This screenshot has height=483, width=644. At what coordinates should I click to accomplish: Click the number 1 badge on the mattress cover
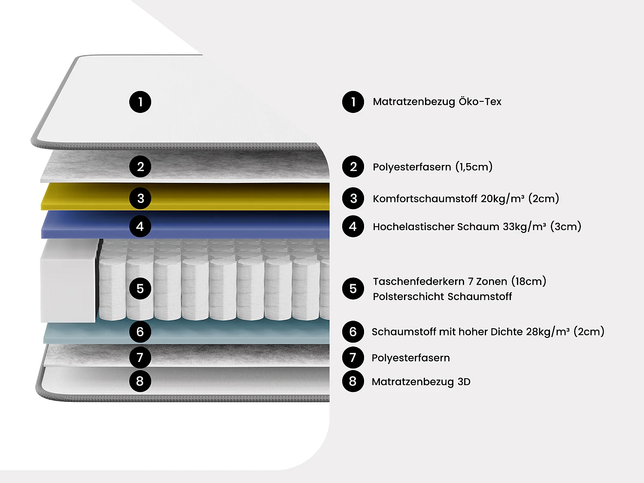coord(140,102)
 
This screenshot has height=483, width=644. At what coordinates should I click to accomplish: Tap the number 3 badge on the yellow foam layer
coord(140,198)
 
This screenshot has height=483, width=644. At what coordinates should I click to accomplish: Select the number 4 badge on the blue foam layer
coord(140,226)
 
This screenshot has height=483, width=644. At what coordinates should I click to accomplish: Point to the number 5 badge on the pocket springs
coord(140,289)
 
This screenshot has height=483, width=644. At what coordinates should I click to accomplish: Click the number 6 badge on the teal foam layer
coord(140,331)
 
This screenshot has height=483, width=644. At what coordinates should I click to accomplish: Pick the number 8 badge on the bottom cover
coord(140,381)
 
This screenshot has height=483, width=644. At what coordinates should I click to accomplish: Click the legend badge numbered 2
coord(353,167)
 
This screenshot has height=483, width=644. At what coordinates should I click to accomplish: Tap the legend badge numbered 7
coord(353,357)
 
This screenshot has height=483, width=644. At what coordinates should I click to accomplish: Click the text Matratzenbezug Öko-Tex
coord(437,102)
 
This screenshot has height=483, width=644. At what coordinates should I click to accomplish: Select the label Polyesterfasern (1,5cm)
coord(432,167)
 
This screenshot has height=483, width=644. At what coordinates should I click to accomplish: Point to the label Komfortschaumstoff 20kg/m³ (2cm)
coord(466,198)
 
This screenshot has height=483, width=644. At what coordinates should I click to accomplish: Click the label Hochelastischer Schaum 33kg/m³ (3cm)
coord(477,226)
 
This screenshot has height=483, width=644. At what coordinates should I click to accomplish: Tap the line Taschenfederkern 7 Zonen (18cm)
coord(459,281)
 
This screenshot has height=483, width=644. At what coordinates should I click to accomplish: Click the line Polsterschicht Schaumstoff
coord(442,296)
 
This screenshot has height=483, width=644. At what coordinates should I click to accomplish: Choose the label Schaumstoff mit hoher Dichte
coord(447,331)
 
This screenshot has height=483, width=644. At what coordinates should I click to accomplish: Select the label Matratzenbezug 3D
coord(421,382)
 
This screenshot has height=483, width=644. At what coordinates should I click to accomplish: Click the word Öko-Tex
coord(480,102)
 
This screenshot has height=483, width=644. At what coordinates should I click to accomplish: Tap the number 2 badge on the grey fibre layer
coord(140,167)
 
